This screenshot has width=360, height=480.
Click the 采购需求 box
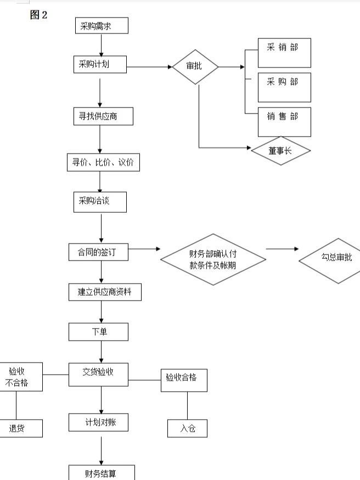pyautogui.click(x=102, y=26)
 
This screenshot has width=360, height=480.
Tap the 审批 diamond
pyautogui.click(x=195, y=67)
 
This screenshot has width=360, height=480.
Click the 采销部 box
pyautogui.click(x=284, y=53)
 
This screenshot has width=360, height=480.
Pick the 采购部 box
pyautogui.click(x=284, y=87)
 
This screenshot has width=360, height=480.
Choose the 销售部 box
pyautogui.click(x=284, y=122)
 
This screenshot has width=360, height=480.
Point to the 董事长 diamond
pyautogui.click(x=281, y=150)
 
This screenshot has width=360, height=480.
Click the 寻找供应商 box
pyautogui.click(x=103, y=116)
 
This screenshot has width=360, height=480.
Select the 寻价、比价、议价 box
pyautogui.click(x=103, y=162)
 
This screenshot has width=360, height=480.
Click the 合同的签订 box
pyautogui.click(x=99, y=252)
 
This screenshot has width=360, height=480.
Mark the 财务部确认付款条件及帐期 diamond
pyautogui.click(x=213, y=259)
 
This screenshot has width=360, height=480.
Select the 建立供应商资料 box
pyautogui.click(x=105, y=292)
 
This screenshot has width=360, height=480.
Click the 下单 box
pyautogui.click(x=99, y=331)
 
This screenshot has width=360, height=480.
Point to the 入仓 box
pyautogui.click(x=187, y=428)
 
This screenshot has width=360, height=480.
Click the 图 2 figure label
pyautogui.click(x=38, y=15)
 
